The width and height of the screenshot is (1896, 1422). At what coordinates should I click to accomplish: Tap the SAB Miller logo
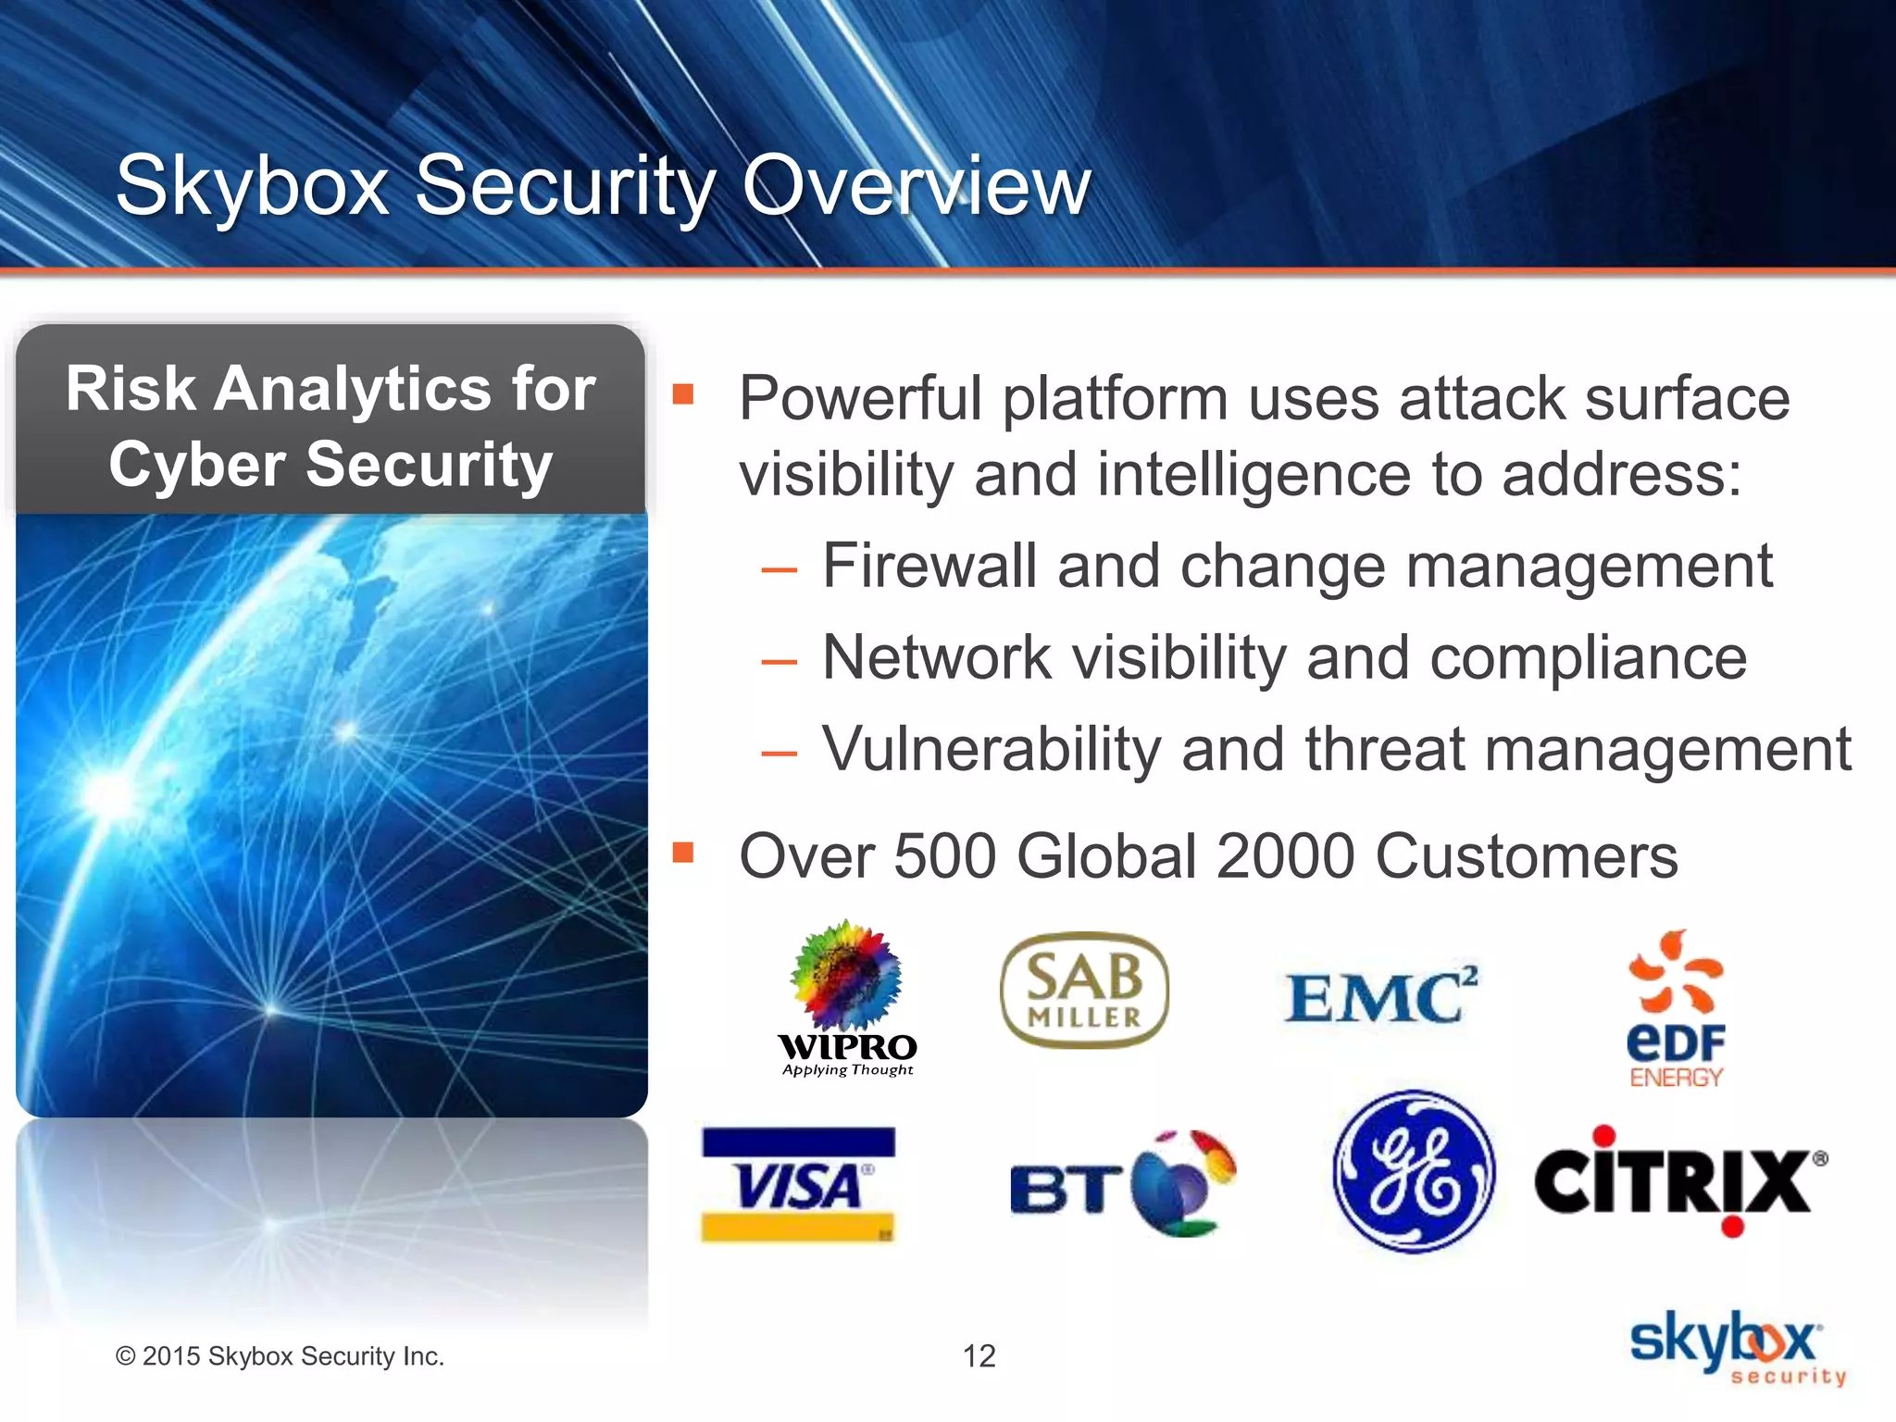1084,990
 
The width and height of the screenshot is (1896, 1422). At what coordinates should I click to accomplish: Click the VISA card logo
798,1184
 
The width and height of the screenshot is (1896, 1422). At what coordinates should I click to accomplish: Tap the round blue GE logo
1413,1172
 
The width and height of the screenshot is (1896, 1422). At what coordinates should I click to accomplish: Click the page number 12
979,1356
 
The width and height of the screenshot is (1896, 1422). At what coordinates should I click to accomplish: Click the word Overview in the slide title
917,186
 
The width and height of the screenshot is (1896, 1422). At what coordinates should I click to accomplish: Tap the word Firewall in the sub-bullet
929,566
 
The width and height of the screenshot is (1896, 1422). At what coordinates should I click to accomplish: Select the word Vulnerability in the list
991,749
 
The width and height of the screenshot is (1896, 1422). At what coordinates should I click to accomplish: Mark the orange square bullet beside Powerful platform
683,395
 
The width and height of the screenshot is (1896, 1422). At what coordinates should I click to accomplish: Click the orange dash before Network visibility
779,662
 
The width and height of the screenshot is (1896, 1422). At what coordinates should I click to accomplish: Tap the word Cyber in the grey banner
196,465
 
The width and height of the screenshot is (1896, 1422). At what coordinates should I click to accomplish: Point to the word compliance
1588,658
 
